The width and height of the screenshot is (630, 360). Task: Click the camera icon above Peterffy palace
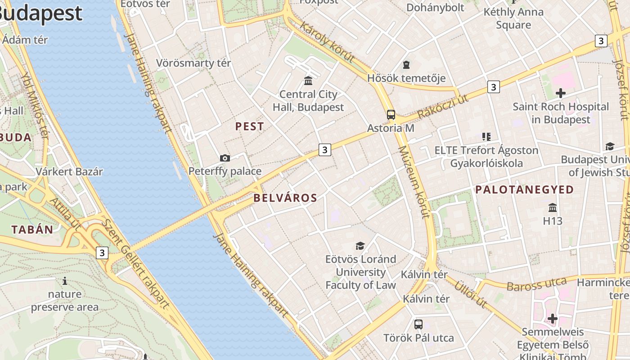225,158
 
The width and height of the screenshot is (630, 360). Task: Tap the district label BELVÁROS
285,198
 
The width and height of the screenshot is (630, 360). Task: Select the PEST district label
249,126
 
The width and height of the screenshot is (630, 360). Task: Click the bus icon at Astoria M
391,115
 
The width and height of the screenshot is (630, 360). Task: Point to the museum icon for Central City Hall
308,81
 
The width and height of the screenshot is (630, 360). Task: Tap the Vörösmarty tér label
193,63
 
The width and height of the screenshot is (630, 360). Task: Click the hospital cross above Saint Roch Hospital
561,93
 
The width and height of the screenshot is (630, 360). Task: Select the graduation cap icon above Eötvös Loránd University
360,246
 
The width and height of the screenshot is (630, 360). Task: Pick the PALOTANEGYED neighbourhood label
525,189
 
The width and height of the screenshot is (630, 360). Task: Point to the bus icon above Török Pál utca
418,324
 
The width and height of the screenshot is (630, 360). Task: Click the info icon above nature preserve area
65,281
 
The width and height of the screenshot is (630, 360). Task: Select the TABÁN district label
32,229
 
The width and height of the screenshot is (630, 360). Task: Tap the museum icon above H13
553,207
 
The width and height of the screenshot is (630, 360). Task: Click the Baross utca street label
536,284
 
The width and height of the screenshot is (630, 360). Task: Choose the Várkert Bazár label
69,171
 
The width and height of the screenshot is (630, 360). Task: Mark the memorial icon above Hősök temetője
406,65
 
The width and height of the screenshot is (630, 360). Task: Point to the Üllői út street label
470,295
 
